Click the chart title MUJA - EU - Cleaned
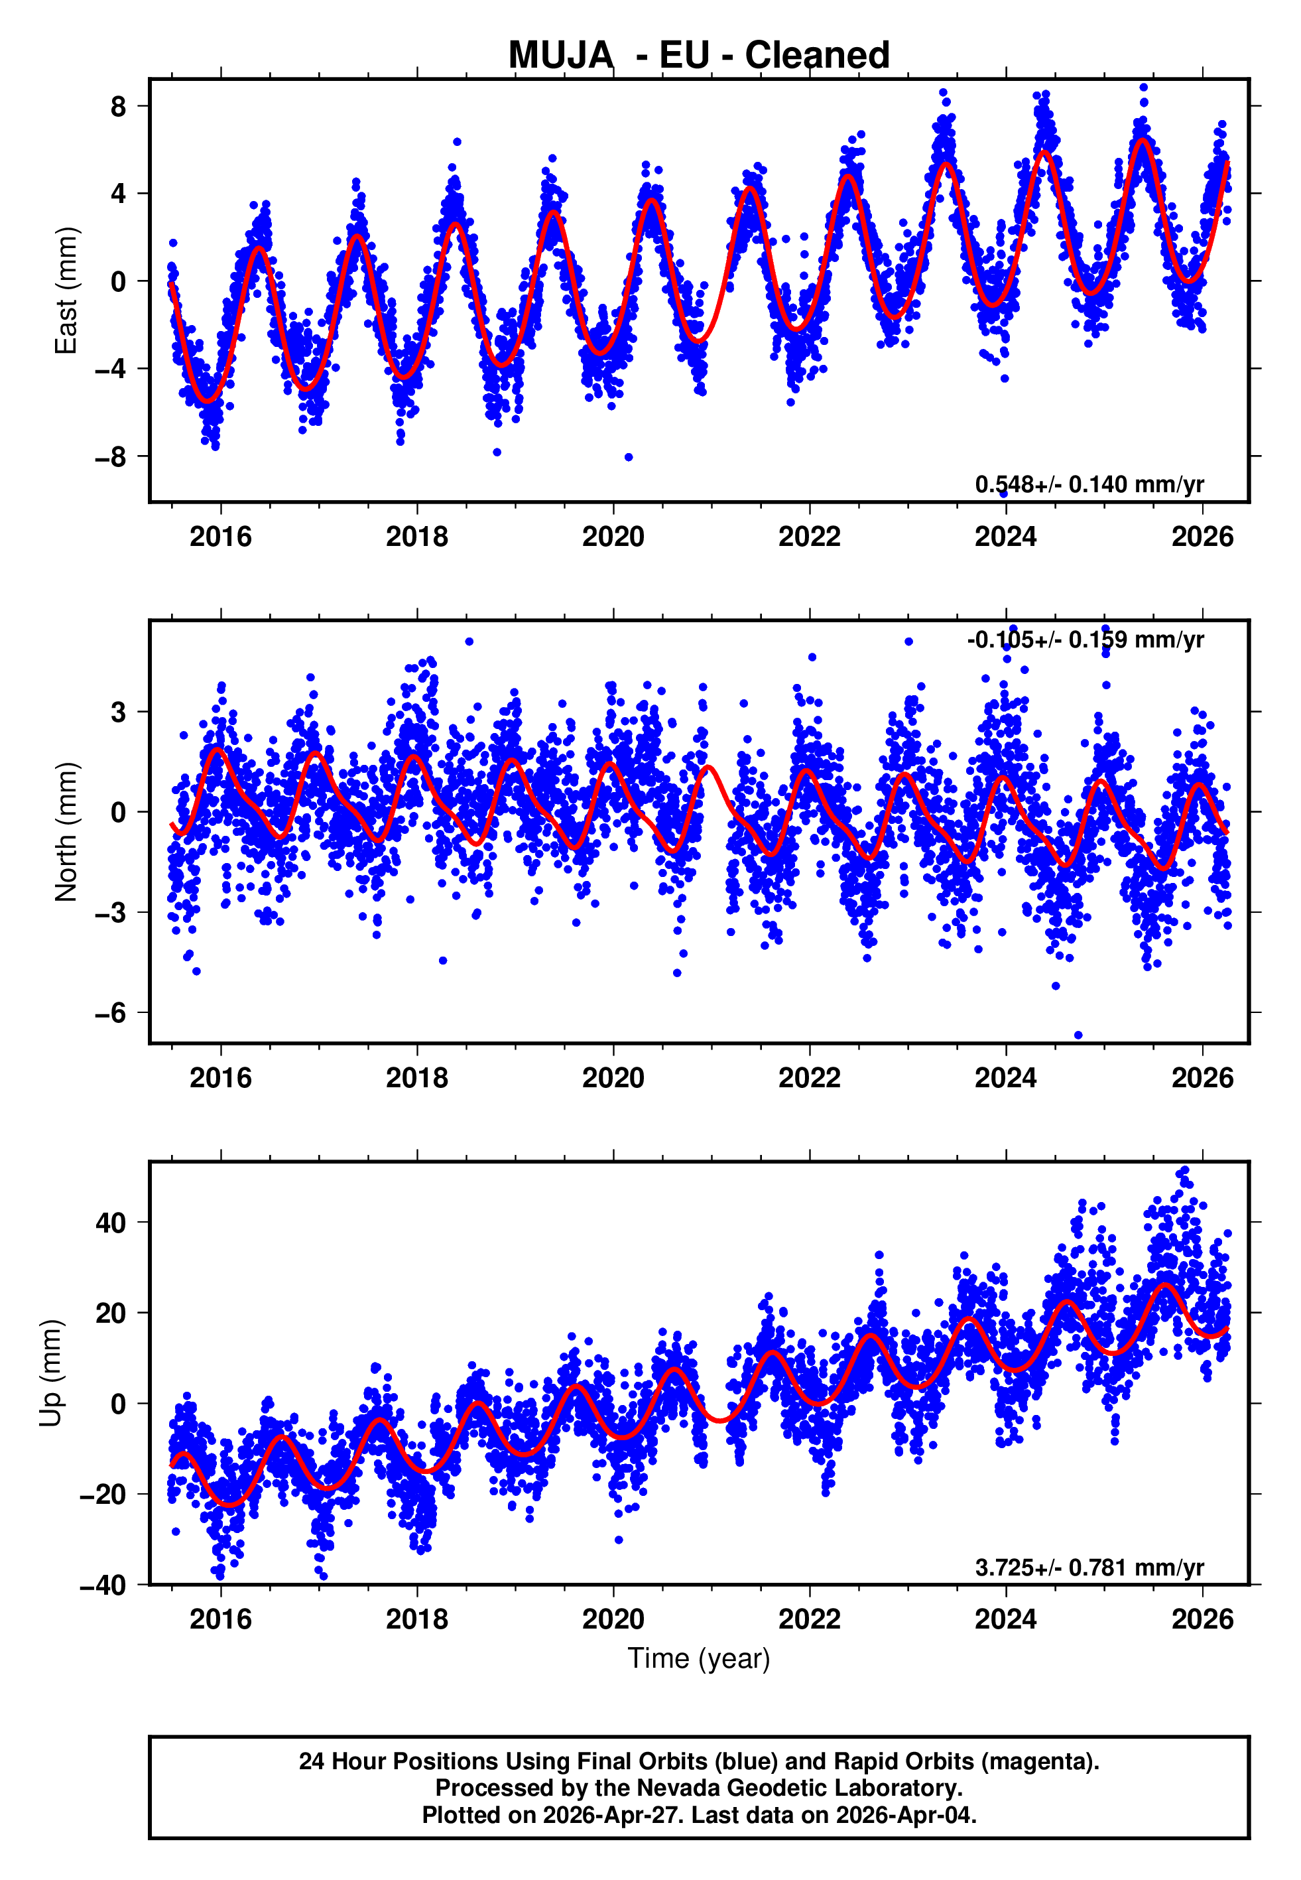pos(699,56)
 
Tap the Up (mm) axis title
pos(50,1373)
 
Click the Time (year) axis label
pos(699,1658)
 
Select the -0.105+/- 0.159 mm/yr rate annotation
pos(1085,639)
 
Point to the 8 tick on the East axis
pos(118,106)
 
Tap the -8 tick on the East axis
pos(110,456)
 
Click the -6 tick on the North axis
pos(110,1012)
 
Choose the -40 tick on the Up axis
pos(103,1585)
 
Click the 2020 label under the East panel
pos(613,537)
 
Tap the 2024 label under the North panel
pos(1006,1078)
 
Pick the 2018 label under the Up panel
pos(416,1619)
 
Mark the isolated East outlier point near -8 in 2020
pos(629,457)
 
